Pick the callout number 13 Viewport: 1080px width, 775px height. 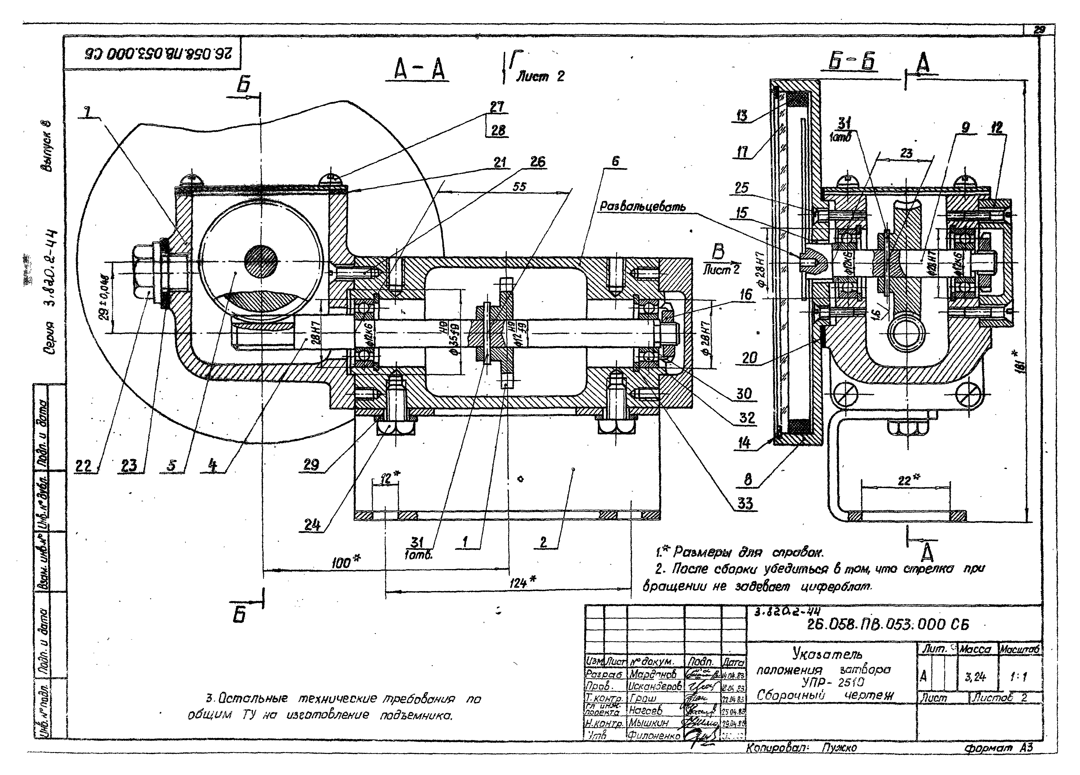[742, 116]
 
